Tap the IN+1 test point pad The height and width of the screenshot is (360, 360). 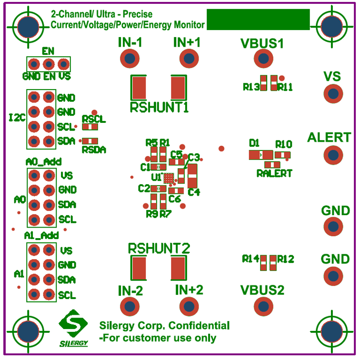[x=188, y=59]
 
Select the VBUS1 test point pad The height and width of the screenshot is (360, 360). [x=262, y=59]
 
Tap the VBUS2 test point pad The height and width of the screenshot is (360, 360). [x=262, y=306]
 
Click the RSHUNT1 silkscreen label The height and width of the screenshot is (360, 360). [x=159, y=107]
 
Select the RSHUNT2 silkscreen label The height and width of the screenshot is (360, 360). [x=159, y=248]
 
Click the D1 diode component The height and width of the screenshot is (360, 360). [x=260, y=155]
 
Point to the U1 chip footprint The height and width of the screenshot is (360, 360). [x=169, y=178]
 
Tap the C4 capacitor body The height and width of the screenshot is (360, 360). [x=192, y=176]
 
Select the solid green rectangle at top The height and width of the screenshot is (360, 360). [x=258, y=20]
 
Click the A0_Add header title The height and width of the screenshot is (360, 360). [x=43, y=162]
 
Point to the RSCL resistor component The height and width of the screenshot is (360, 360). [x=90, y=127]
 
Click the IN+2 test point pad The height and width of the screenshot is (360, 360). [x=189, y=306]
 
